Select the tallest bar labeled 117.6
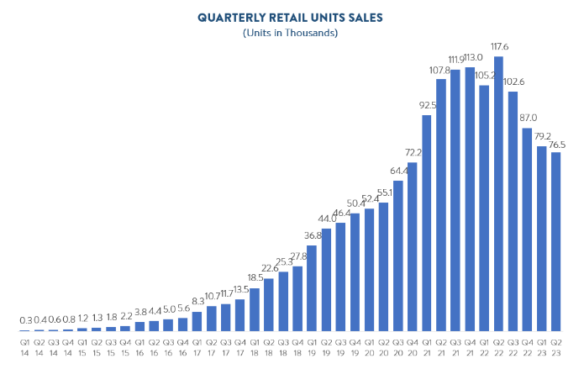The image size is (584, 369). pyautogui.click(x=498, y=193)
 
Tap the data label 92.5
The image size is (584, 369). pyautogui.click(x=427, y=106)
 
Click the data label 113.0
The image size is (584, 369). pyautogui.click(x=470, y=58)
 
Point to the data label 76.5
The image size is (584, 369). pyautogui.click(x=556, y=144)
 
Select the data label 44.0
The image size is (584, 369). pyautogui.click(x=326, y=219)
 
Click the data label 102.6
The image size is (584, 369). pyautogui.click(x=513, y=82)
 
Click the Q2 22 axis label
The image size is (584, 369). pyautogui.click(x=498, y=345)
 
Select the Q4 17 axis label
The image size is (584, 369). pyautogui.click(x=239, y=345)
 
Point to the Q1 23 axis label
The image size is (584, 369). pyautogui.click(x=541, y=345)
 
